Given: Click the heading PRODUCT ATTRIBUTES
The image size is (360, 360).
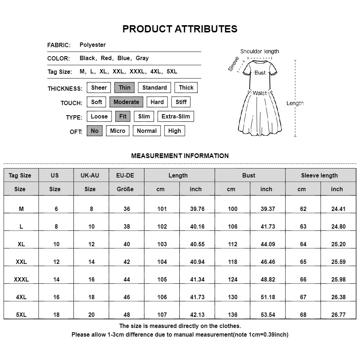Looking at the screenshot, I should [x=180, y=29].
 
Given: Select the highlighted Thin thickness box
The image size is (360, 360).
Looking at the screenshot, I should [x=125, y=87].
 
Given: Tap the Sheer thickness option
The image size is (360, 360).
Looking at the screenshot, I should [x=99, y=87].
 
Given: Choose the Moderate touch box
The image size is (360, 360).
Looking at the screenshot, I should [x=126, y=102].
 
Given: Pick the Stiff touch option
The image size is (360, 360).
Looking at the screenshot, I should [x=181, y=102].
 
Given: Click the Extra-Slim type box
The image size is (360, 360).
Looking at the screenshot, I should [x=176, y=116].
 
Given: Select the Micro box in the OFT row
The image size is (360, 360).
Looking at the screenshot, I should [x=118, y=131].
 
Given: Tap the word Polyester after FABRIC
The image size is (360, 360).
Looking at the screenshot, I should [x=93, y=45].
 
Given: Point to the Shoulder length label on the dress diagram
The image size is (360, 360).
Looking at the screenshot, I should [x=260, y=51].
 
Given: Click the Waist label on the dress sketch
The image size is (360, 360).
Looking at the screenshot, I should [x=260, y=93].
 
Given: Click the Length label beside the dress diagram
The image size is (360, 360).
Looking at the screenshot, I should [x=295, y=103].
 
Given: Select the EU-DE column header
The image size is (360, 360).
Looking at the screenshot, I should [x=125, y=175].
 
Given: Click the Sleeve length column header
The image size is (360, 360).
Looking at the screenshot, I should [x=319, y=175].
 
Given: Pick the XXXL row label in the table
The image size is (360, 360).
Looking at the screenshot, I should [x=21, y=279].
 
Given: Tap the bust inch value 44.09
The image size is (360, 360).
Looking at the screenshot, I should [x=268, y=244].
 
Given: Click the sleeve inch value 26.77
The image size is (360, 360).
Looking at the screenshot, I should [x=338, y=315].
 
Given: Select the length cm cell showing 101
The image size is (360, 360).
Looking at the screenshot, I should [x=162, y=209].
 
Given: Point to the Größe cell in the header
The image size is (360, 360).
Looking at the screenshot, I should [x=125, y=189].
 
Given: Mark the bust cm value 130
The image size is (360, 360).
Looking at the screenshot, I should [x=233, y=297].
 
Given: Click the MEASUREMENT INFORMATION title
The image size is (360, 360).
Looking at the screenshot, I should [x=180, y=156].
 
